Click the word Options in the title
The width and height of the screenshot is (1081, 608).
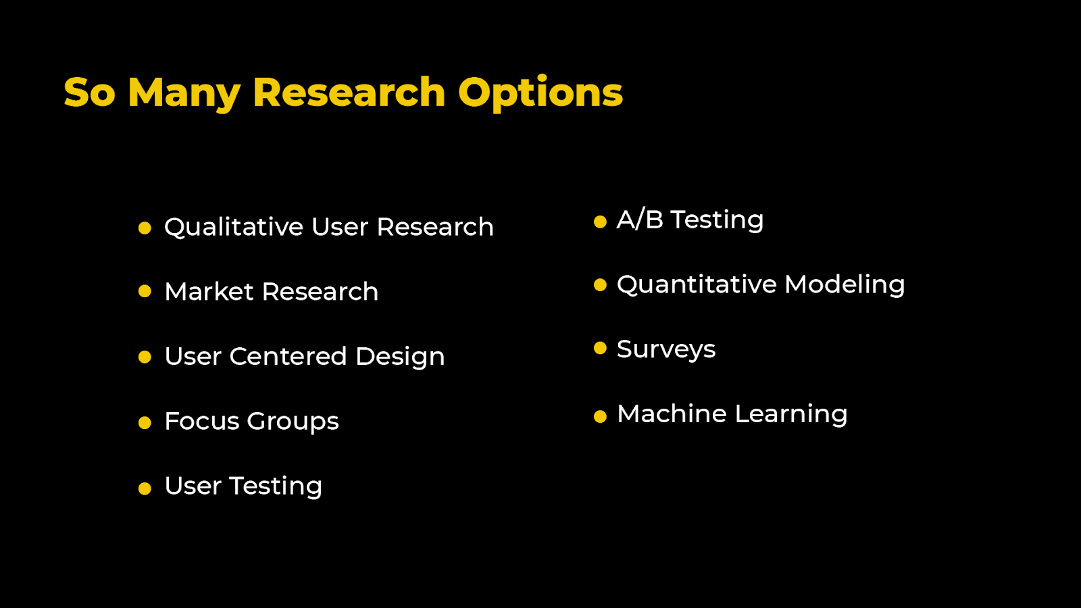pyautogui.click(x=540, y=93)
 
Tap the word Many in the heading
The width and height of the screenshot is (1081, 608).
pyautogui.click(x=184, y=93)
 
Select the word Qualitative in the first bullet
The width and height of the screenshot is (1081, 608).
pyautogui.click(x=234, y=227)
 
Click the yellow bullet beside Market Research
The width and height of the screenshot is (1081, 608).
pyautogui.click(x=145, y=291)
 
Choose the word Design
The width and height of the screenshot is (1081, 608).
pyautogui.click(x=400, y=357)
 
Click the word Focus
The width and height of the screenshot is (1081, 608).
pyautogui.click(x=202, y=421)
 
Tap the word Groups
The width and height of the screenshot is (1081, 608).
pyautogui.click(x=293, y=422)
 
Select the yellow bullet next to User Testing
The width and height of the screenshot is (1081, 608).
pyautogui.click(x=145, y=488)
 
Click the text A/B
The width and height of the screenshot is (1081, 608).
pyautogui.click(x=640, y=220)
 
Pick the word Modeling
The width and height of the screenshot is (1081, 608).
pyautogui.click(x=845, y=284)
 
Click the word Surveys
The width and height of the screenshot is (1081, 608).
pyautogui.click(x=665, y=349)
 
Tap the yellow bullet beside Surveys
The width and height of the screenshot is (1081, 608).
pyautogui.click(x=600, y=348)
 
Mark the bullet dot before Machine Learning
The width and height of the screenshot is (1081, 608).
pyautogui.click(x=600, y=417)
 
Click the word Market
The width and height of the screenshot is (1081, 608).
pyautogui.click(x=209, y=292)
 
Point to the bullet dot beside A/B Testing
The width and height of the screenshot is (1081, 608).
pyautogui.click(x=600, y=222)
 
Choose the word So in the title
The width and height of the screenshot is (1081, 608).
pyautogui.click(x=90, y=93)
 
